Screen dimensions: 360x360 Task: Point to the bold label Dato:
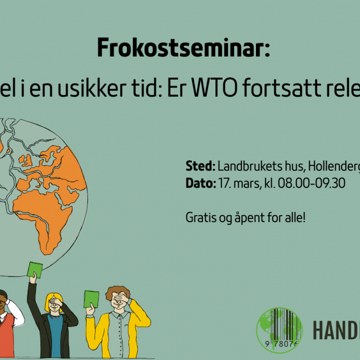201,183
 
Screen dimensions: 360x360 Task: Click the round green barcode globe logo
279,330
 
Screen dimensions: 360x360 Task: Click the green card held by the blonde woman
34,269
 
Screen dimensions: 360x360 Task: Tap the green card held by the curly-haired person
91,298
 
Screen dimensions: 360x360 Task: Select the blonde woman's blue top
55,340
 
